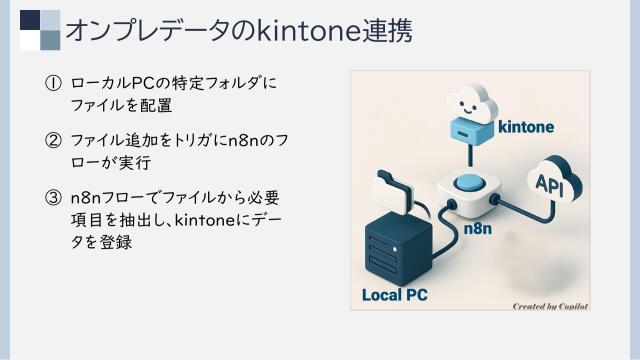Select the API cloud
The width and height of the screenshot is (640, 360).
551,183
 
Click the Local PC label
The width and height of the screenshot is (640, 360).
394,295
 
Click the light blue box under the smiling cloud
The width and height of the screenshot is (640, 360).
468,129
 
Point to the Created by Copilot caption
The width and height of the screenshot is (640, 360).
548,306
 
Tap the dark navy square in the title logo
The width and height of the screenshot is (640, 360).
30,22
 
